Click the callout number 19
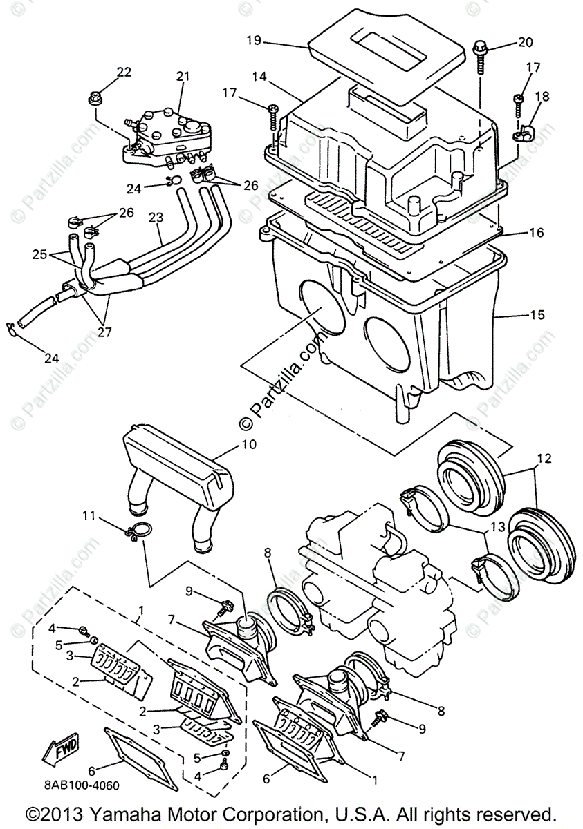[253, 40]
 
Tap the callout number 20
[526, 42]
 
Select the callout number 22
[124, 72]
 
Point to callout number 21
[182, 76]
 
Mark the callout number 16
[537, 233]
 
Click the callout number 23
[156, 217]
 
